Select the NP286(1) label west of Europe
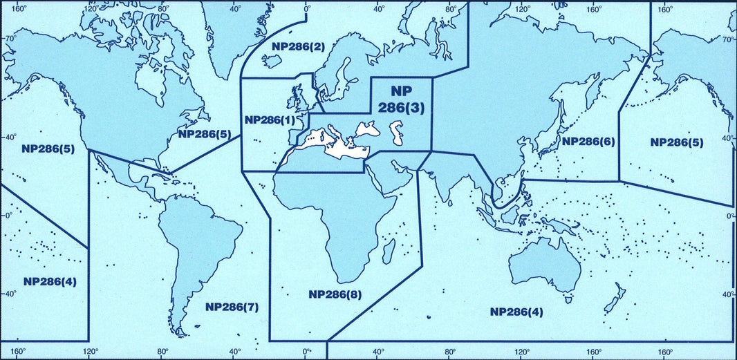pyautogui.click(x=270, y=120)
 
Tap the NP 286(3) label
pyautogui.click(x=401, y=100)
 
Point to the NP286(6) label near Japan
pyautogui.click(x=588, y=142)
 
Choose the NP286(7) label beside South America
pyautogui.click(x=232, y=306)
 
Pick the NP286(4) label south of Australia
pyautogui.click(x=516, y=312)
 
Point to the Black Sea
pyautogui.click(x=366, y=128)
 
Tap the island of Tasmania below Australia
pyautogui.click(x=568, y=299)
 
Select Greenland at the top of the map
pyautogui.click(x=239, y=28)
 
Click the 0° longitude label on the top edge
pyautogui.click(x=307, y=9)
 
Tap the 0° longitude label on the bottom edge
pyautogui.click(x=307, y=352)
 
